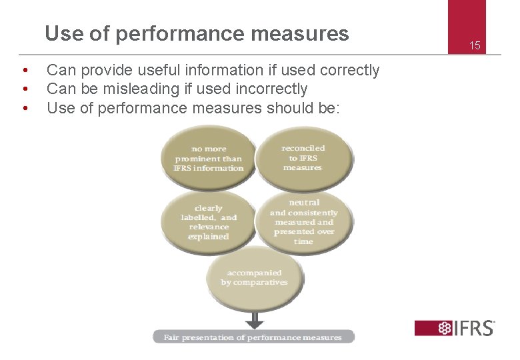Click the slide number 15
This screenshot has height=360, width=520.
(475, 46)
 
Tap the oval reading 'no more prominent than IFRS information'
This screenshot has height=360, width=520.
(208, 158)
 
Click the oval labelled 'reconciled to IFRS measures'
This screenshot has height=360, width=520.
(303, 158)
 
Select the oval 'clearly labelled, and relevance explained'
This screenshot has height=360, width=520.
(208, 222)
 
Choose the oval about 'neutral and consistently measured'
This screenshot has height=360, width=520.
(303, 221)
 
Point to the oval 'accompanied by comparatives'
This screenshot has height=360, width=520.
(254, 279)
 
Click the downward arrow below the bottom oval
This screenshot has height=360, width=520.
(254, 319)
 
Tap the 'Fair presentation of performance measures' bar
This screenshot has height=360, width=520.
(254, 337)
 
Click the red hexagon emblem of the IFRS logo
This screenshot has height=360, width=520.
(444, 328)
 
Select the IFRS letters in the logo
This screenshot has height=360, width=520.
(475, 328)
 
